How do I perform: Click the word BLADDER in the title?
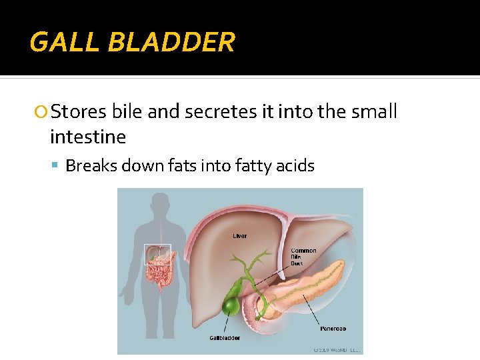pos(171,43)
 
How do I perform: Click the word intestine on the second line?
pos(87,137)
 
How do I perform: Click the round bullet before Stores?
pos(42,112)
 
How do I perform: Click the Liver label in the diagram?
pos(239,235)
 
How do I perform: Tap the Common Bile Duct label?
pos(303,257)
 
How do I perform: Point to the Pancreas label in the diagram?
pos(333,328)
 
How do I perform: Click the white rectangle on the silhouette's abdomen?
pos(158,255)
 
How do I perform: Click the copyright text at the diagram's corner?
pos(337,349)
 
